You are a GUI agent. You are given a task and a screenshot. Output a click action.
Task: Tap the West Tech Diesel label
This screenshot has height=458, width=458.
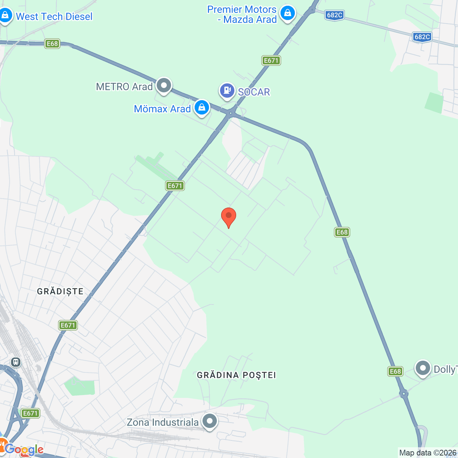(x=54, y=16)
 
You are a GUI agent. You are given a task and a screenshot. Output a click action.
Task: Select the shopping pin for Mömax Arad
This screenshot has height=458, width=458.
(x=202, y=107)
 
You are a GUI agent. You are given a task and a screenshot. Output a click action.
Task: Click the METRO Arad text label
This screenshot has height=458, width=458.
(x=124, y=87)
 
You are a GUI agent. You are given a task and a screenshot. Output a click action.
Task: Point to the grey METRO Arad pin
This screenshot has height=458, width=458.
(x=164, y=86)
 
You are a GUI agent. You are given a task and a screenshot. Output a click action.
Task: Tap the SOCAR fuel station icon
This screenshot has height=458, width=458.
(x=227, y=91)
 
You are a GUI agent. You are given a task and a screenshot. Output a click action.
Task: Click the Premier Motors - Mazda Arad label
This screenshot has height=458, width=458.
(x=242, y=14)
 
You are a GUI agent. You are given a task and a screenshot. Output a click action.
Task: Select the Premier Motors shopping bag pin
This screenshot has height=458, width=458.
(x=288, y=13)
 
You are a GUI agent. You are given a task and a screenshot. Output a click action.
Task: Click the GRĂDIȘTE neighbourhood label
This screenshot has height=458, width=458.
(x=60, y=291)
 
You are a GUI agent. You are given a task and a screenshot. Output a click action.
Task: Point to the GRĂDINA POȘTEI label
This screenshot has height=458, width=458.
(x=237, y=375)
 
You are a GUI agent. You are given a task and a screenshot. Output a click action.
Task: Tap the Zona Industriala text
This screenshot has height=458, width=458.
(x=163, y=422)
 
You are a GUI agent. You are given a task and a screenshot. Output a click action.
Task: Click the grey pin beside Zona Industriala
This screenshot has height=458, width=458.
(x=210, y=422)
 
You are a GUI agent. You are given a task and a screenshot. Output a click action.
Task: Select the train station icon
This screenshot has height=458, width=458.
(x=16, y=362)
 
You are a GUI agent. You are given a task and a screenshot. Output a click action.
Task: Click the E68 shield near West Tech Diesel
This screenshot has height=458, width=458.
(x=52, y=44)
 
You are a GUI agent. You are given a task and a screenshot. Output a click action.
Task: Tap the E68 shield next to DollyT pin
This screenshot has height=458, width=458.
(x=395, y=371)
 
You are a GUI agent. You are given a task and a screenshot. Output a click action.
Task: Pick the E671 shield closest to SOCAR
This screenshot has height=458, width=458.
(x=271, y=60)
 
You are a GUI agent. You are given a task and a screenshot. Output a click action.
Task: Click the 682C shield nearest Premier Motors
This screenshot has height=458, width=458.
(x=335, y=15)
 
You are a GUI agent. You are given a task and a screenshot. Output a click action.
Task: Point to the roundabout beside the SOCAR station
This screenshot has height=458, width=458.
(x=231, y=113)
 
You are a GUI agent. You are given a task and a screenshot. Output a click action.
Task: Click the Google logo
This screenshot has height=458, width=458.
(x=24, y=449)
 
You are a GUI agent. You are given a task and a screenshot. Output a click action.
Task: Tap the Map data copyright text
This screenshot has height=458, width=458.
(x=428, y=453)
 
